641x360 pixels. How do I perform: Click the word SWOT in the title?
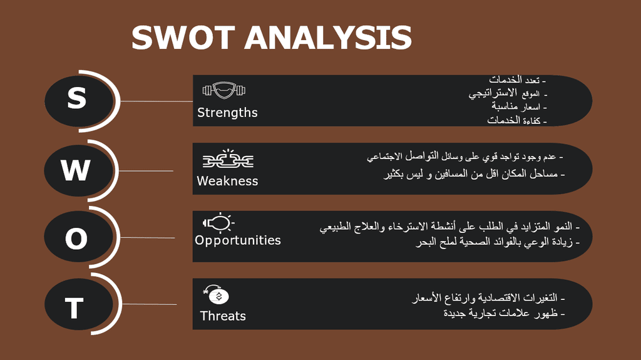tap(183, 38)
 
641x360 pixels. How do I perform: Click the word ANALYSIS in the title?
tap(328, 38)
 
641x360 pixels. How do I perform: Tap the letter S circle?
tap(78, 101)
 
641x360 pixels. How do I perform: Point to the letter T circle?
tap(78, 304)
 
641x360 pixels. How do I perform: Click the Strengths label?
tap(227, 113)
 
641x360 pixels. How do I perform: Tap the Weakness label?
tap(227, 181)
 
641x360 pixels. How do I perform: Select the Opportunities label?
tap(237, 240)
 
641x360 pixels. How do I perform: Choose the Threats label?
tap(223, 316)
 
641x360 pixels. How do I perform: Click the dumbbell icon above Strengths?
tap(224, 90)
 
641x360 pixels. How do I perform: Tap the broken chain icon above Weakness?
tap(228, 159)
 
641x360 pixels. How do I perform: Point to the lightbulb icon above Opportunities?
tap(218, 223)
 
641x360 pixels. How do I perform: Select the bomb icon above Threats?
tap(216, 294)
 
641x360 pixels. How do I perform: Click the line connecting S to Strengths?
tap(156, 101)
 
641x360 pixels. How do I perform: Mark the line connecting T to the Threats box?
tap(150, 304)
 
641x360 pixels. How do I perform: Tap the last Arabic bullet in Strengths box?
tap(516, 120)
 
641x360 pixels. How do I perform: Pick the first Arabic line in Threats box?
tap(488, 298)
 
